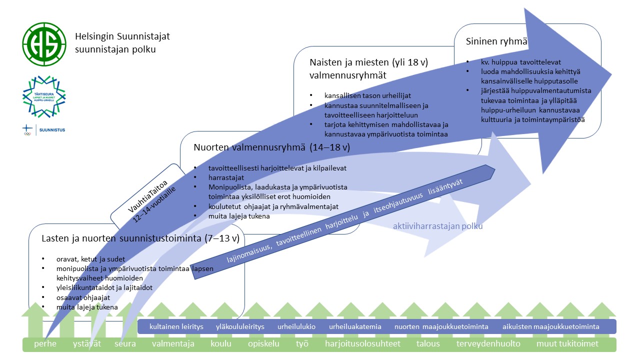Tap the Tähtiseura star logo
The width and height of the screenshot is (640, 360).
click(x=44, y=97)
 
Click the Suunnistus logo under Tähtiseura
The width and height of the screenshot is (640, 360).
click(x=44, y=130)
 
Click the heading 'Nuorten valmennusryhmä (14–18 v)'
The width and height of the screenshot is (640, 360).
click(x=271, y=147)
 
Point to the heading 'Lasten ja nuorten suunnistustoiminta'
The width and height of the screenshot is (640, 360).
click(x=140, y=238)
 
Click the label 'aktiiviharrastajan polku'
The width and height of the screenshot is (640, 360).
click(x=437, y=226)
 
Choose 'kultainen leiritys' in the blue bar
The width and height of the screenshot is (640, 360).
click(x=176, y=326)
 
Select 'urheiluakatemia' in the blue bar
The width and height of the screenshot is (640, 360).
click(x=355, y=326)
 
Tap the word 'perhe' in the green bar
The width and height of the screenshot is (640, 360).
click(x=45, y=344)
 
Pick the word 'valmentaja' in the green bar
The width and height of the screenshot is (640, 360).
click(x=173, y=344)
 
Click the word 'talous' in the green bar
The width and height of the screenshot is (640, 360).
click(x=428, y=344)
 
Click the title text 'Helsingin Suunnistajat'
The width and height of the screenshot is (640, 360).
click(x=122, y=37)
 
